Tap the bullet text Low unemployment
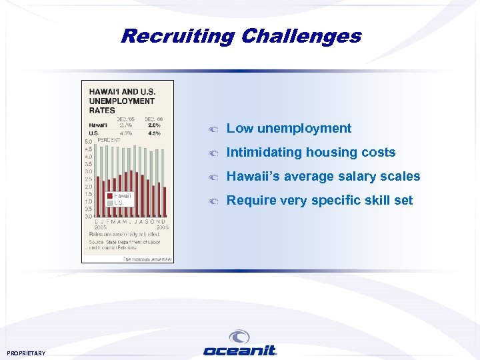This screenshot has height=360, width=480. point(289,129)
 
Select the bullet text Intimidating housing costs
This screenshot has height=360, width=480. point(311,153)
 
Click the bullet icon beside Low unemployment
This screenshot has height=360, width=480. point(213,129)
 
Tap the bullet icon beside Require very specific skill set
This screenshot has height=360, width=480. point(213,201)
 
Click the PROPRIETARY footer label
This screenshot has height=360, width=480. point(26,353)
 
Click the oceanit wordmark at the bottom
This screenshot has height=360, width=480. point(239,351)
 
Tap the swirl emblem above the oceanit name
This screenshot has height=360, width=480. point(239,337)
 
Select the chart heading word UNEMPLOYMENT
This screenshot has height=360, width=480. point(122,101)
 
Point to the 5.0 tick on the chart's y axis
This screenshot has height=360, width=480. point(88,142)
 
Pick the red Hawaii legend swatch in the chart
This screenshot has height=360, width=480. point(109,195)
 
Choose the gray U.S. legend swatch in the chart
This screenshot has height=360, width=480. point(109,202)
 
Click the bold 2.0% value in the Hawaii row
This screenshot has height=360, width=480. point(155,125)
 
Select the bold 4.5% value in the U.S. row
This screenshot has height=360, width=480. point(155,133)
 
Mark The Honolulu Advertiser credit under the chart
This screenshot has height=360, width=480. point(147,259)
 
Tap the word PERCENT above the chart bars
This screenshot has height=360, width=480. point(109,140)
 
